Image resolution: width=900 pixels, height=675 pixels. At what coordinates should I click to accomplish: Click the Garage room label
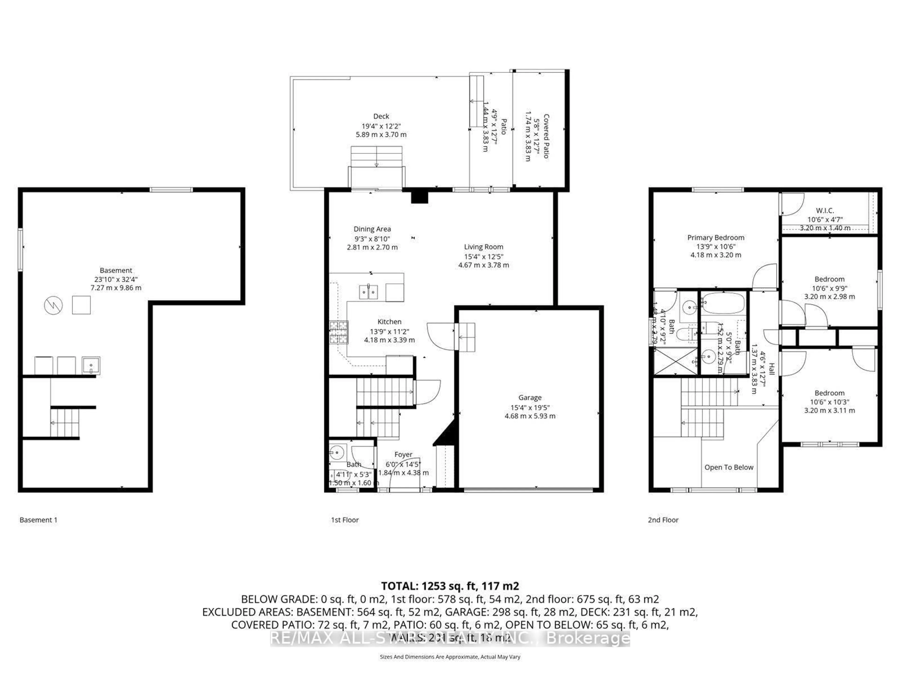click(530, 397)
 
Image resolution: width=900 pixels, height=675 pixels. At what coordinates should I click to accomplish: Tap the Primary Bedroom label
click(716, 238)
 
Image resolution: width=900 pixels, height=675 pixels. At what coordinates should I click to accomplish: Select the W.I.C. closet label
click(825, 210)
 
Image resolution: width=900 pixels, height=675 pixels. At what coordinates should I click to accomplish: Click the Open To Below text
click(729, 467)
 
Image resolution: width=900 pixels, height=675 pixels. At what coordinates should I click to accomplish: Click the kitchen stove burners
click(338, 332)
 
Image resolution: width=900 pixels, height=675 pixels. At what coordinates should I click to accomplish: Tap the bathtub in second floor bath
click(723, 303)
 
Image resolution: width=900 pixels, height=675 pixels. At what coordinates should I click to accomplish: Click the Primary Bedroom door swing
click(765, 277)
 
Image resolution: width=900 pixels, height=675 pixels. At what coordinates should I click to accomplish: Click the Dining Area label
click(372, 229)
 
